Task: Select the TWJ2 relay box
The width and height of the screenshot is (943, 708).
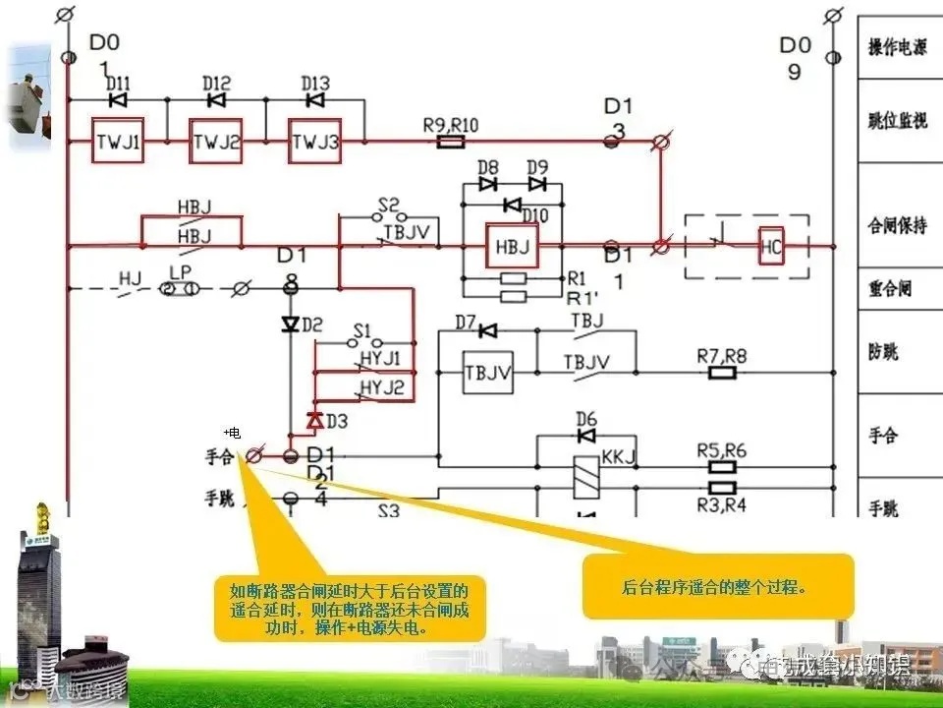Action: click(x=216, y=144)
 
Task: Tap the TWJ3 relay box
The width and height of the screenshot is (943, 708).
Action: click(x=314, y=144)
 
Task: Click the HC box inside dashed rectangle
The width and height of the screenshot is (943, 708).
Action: click(x=772, y=246)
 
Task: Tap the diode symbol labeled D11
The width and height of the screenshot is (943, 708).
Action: click(x=118, y=99)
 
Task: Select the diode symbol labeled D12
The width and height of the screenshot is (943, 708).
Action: click(x=216, y=99)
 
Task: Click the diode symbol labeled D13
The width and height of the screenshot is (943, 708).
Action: click(x=314, y=99)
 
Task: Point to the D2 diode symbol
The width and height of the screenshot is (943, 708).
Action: click(x=290, y=324)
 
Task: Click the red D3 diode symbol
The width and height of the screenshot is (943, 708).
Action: click(x=314, y=420)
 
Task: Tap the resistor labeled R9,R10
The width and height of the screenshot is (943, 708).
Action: click(x=450, y=142)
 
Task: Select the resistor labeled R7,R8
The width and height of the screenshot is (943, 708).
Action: click(x=722, y=373)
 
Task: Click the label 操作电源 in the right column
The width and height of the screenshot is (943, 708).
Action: click(x=897, y=47)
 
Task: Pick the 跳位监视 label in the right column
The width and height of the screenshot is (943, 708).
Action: click(x=897, y=120)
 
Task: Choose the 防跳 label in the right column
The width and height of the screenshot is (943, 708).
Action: click(x=883, y=351)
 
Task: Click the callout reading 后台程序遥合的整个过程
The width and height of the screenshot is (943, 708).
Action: click(x=718, y=587)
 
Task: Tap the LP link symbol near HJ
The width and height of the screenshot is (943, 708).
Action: click(x=181, y=289)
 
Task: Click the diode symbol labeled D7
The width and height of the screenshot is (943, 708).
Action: click(x=487, y=329)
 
